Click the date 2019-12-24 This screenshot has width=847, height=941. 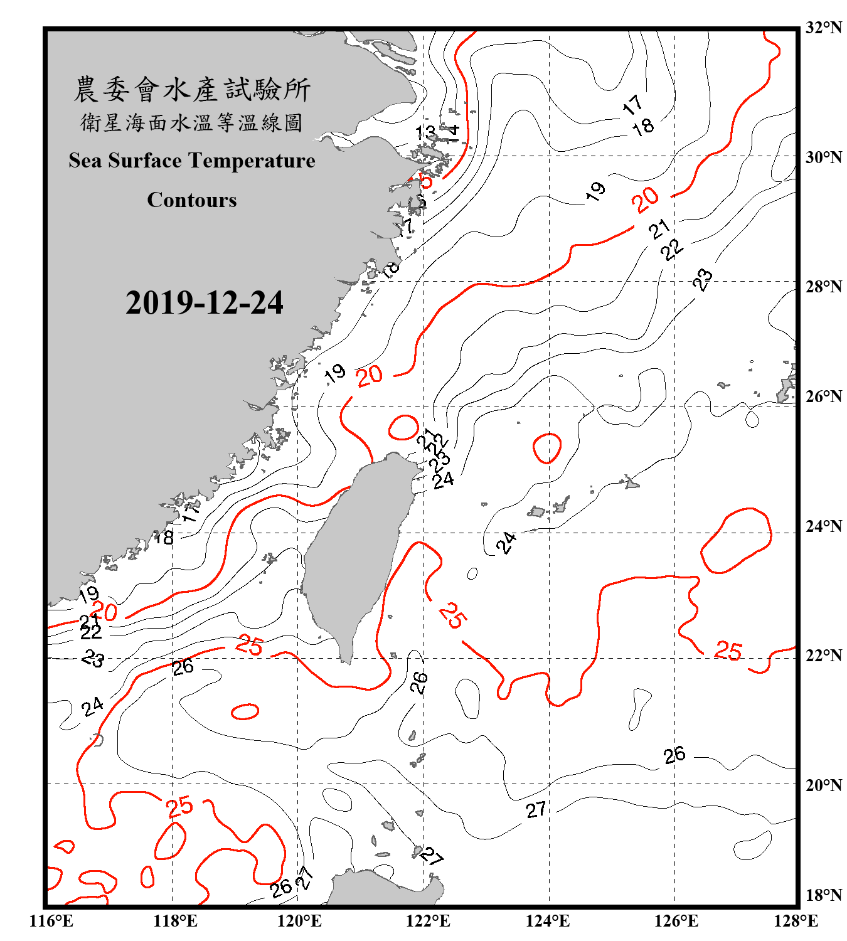pyautogui.click(x=204, y=303)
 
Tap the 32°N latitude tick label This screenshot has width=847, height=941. pyautogui.click(x=823, y=28)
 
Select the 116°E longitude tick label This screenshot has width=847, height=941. pyautogui.click(x=51, y=921)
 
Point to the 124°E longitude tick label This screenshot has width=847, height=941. pyautogui.click(x=548, y=921)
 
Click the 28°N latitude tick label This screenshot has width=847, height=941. pyautogui.click(x=823, y=287)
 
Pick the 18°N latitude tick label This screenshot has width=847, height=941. pyautogui.click(x=823, y=895)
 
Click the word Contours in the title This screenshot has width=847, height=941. pyautogui.click(x=192, y=200)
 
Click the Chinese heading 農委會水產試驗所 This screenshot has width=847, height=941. pyautogui.click(x=192, y=89)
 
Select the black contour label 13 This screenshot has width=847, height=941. pyautogui.click(x=426, y=132)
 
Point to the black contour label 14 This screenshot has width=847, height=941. pyautogui.click(x=451, y=132)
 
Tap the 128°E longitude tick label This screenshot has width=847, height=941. pyautogui.click(x=796, y=921)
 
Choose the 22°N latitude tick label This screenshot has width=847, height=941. pyautogui.click(x=823, y=656)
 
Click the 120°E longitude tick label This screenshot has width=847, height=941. pyautogui.click(x=299, y=921)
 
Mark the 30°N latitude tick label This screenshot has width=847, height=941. pyautogui.click(x=823, y=157)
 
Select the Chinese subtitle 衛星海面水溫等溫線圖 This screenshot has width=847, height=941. pyautogui.click(x=192, y=122)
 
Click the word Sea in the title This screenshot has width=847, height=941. pyautogui.click(x=85, y=161)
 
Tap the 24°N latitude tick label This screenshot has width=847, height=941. pyautogui.click(x=823, y=526)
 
